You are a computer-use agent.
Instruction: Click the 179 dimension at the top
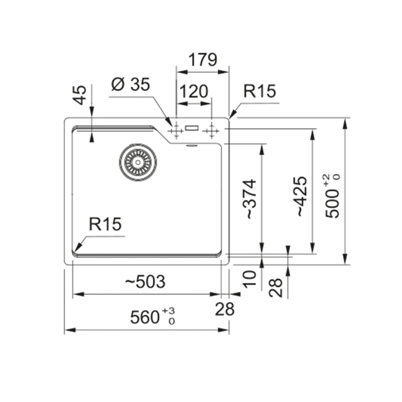203,60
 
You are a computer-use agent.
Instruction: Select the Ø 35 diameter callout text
130,84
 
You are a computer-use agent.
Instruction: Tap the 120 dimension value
194,91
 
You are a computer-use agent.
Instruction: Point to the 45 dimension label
80,95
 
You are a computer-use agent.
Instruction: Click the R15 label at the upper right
259,91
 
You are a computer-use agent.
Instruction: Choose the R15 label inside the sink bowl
105,224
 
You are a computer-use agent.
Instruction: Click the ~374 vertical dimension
249,199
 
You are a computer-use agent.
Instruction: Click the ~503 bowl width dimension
145,281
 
